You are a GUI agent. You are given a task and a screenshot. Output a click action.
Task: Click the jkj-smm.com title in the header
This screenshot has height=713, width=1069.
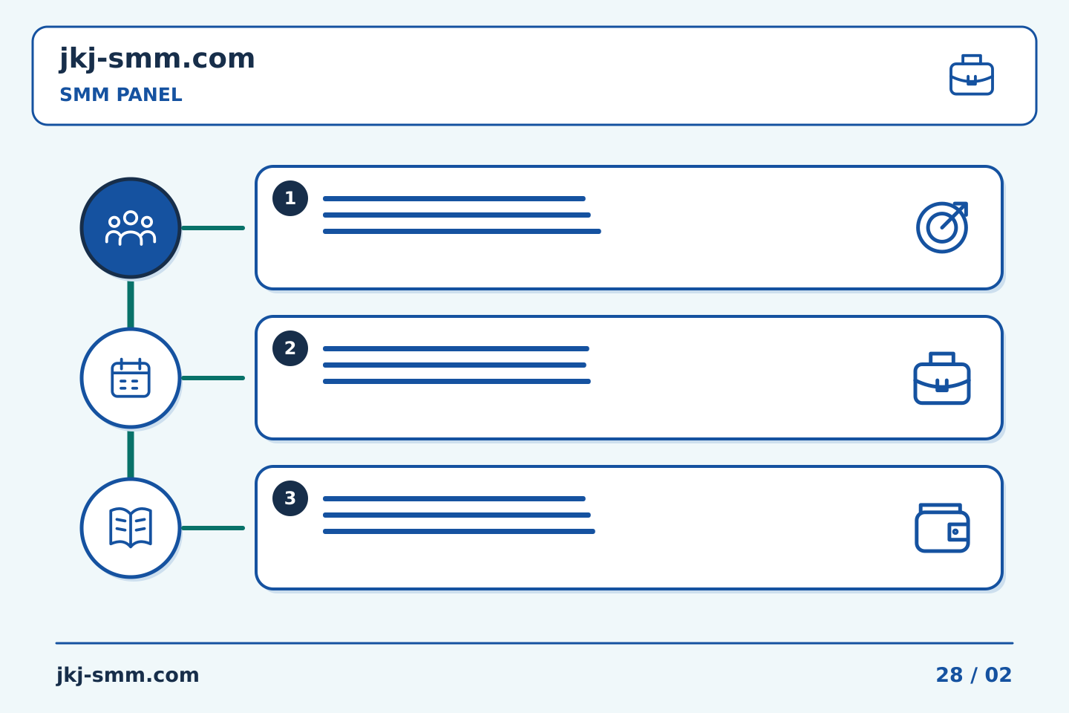157,59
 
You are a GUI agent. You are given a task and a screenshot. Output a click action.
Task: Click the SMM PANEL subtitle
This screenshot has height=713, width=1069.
121,94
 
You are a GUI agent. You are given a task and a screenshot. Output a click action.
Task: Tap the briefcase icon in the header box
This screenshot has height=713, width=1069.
971,75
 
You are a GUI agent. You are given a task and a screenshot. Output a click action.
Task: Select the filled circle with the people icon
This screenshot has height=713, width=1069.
131,228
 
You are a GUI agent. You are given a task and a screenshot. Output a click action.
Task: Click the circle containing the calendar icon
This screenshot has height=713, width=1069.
131,378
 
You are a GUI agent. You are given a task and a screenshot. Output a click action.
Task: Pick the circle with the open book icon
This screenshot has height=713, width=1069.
131,528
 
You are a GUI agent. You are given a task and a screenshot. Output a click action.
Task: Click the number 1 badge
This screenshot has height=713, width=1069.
290,198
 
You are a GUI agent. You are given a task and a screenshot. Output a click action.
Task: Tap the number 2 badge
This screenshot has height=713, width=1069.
290,348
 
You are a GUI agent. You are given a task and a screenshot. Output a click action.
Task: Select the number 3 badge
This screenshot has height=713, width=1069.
290,498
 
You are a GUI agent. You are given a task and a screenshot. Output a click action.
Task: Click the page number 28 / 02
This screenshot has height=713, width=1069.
973,675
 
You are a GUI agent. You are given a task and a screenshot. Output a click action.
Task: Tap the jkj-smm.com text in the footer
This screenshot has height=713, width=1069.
128,675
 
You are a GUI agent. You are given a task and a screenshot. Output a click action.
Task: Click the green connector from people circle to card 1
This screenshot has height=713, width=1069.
213,228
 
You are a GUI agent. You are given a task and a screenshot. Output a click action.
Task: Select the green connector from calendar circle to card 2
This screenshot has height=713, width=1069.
213,378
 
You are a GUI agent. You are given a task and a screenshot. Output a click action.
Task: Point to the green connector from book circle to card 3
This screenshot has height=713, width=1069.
213,528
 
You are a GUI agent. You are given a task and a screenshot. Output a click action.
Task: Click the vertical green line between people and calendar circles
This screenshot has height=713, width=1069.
131,305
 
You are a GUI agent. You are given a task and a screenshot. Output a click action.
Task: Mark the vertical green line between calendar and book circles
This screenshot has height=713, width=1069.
131,454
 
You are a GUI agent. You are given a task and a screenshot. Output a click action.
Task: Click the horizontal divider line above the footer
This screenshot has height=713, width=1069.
534,643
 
